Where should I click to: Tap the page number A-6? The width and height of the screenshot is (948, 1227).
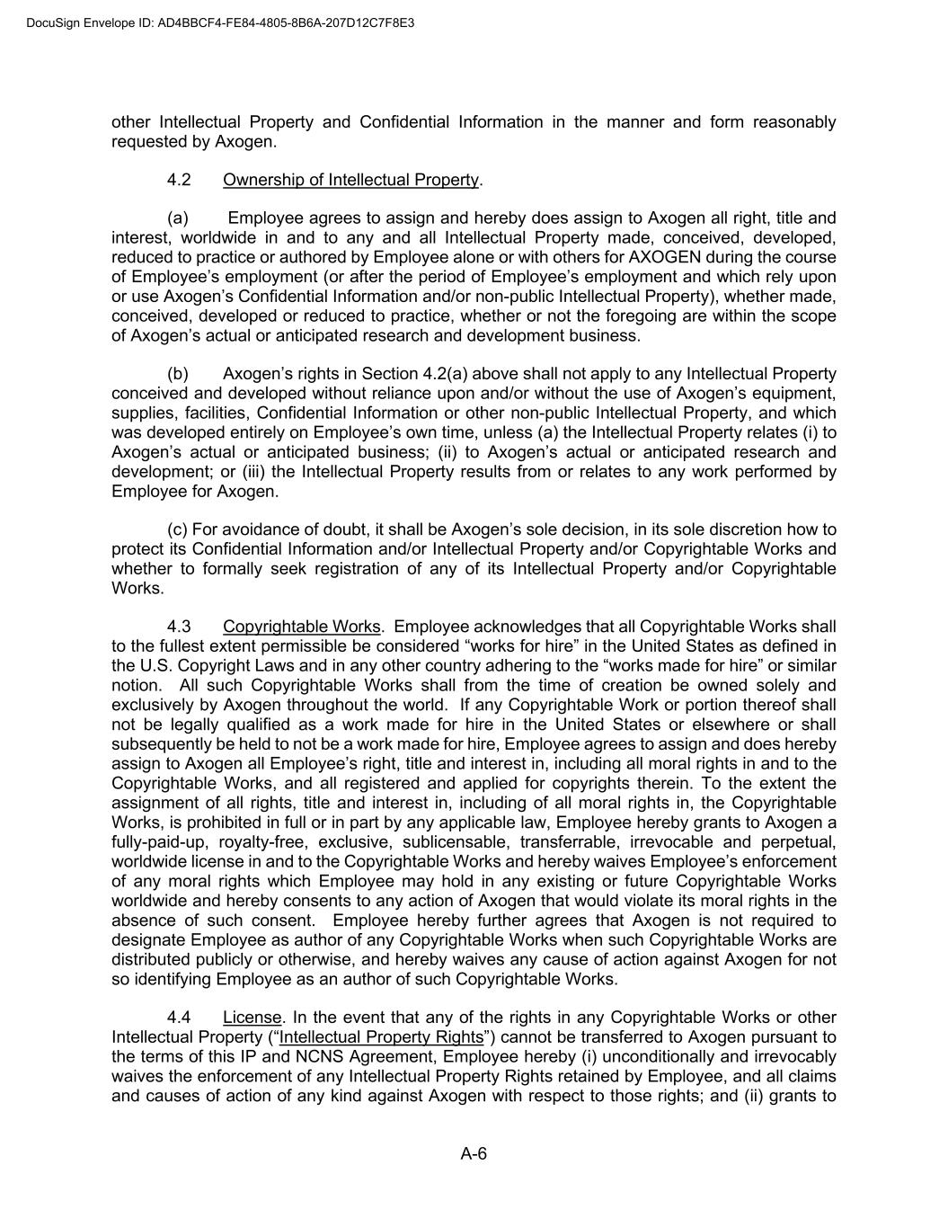pyautogui.click(x=474, y=1154)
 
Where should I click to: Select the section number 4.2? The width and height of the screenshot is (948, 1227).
pyautogui.click(x=179, y=180)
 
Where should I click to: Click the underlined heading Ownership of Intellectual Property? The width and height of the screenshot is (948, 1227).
pyautogui.click(x=350, y=180)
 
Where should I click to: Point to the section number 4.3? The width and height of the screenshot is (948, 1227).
pyautogui.click(x=179, y=627)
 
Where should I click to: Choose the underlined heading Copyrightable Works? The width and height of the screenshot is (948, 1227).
pyautogui.click(x=302, y=627)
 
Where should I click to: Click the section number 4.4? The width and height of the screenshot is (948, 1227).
pyautogui.click(x=179, y=1018)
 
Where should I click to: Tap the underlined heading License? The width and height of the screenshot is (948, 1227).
pyautogui.click(x=253, y=1018)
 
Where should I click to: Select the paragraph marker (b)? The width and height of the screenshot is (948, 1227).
pyautogui.click(x=178, y=374)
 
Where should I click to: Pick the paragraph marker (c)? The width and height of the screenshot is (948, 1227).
pyautogui.click(x=178, y=529)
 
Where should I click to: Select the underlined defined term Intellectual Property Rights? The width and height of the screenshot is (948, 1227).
pyautogui.click(x=381, y=1037)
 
